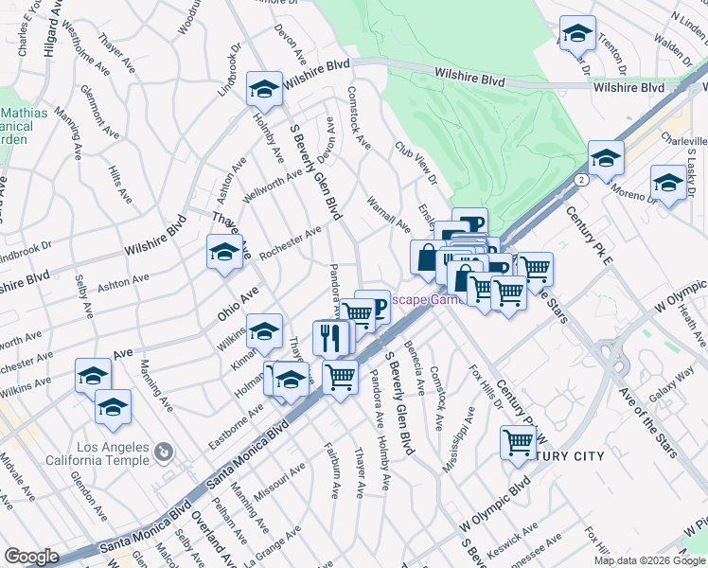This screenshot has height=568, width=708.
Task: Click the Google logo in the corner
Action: [x=32, y=557]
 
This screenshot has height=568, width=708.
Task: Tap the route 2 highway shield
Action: [x=577, y=177]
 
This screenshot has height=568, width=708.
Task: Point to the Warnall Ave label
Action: [x=388, y=213]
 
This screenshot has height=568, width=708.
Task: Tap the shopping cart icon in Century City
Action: [x=519, y=441]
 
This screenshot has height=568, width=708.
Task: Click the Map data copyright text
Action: [x=648, y=560]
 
